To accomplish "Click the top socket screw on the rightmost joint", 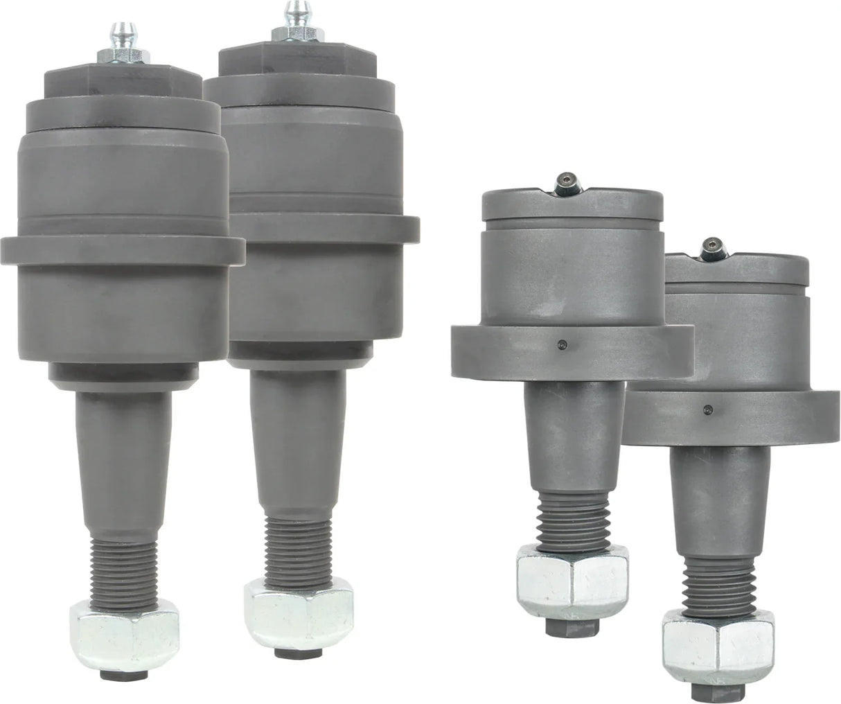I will coord(712,246).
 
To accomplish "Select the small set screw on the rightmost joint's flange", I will coord(707,408).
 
